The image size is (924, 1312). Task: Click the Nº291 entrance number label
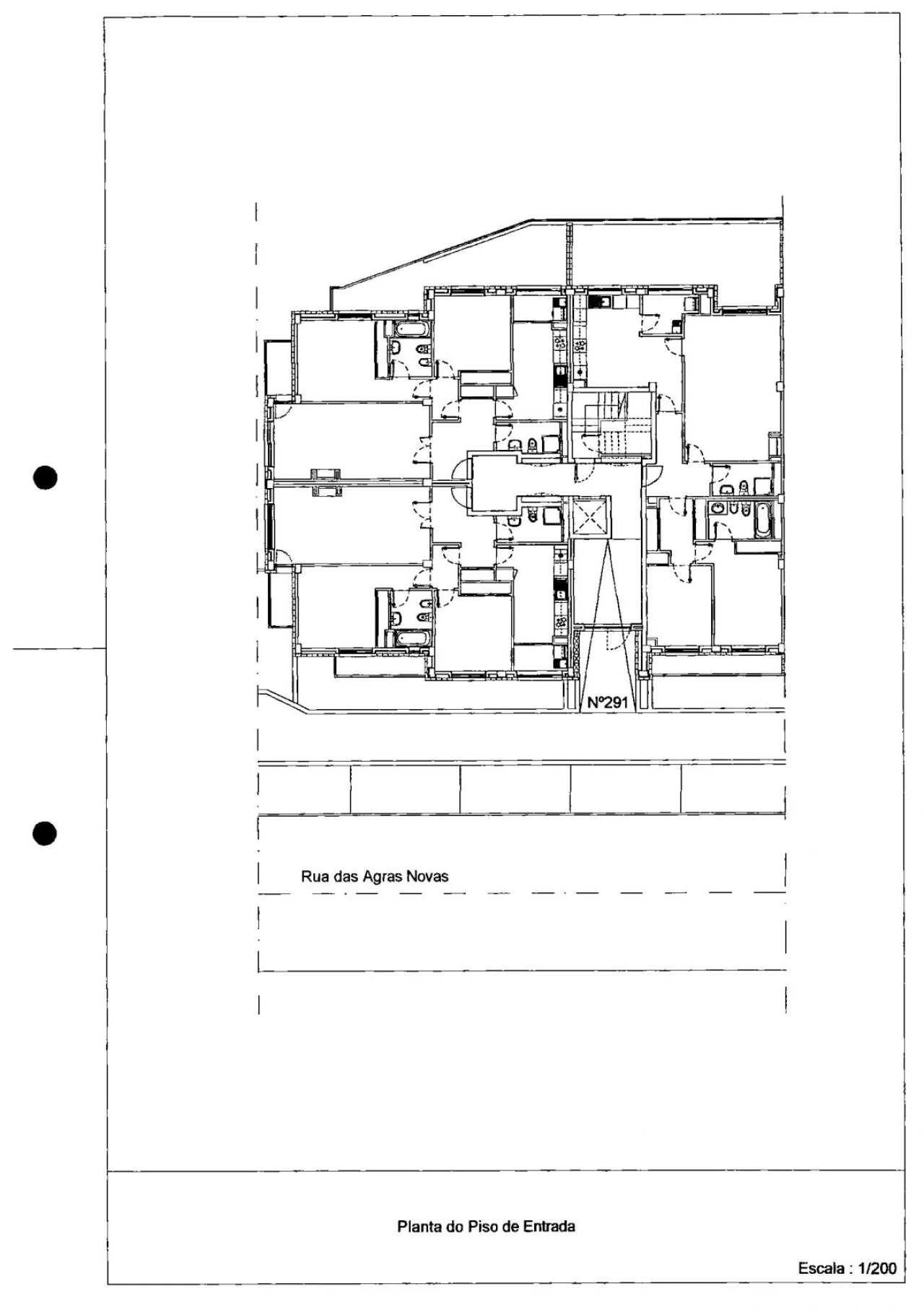[607, 702]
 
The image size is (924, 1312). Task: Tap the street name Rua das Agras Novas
[374, 877]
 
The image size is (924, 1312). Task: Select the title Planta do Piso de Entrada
[486, 1226]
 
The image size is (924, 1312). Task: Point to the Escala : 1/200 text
[847, 1288]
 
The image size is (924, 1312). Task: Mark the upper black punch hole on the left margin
[45, 478]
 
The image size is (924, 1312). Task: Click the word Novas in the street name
[427, 877]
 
